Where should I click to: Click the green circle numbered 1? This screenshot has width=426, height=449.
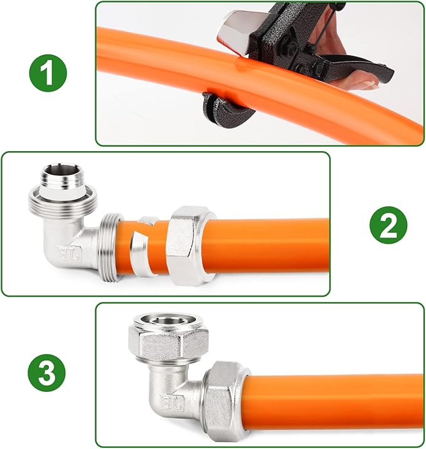(x=48, y=73)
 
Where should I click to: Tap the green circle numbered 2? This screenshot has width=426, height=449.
(x=388, y=224)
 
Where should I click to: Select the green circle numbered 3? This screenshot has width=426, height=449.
(x=46, y=373)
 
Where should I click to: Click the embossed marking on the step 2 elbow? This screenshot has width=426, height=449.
(x=70, y=254)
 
